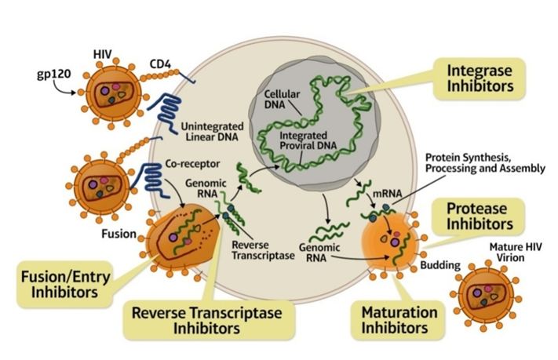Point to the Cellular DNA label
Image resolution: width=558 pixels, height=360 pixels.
[x=280, y=100]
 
